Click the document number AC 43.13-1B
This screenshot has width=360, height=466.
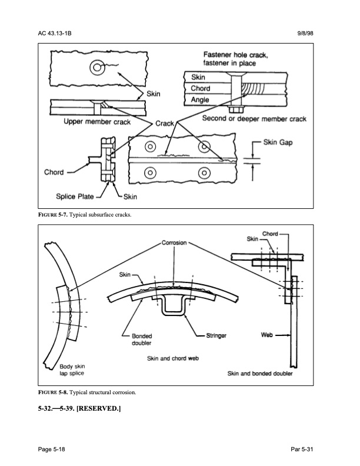55,34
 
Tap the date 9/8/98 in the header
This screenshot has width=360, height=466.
305,34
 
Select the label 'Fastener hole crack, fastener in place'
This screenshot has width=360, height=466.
235,59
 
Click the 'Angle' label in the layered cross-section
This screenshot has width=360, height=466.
200,100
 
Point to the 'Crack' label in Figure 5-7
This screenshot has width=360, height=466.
165,124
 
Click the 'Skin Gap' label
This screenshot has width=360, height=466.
278,142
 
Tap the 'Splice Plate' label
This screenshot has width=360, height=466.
75,197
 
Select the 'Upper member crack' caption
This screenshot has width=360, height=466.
97,122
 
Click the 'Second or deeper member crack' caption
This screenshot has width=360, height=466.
254,119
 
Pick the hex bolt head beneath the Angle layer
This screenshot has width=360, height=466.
236,109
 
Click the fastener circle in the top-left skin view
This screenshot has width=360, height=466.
97,67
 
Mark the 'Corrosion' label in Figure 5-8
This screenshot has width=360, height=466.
174,243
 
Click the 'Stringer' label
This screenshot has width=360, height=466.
216,335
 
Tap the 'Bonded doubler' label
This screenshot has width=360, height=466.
142,339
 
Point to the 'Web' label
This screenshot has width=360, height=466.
266,335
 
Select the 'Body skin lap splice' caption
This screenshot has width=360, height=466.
72,370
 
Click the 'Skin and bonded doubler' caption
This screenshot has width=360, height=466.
260,374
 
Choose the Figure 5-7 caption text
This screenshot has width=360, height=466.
85,215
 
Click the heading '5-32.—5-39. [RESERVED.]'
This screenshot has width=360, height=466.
79,408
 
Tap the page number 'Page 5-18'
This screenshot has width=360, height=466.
51,449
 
